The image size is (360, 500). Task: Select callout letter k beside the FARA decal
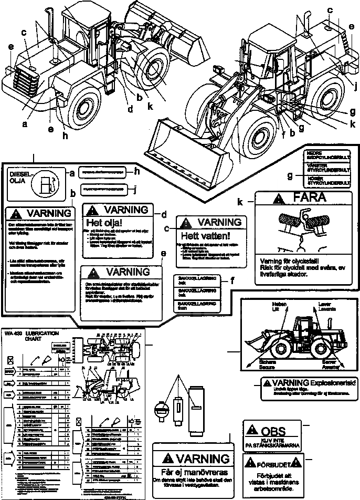[240, 202]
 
